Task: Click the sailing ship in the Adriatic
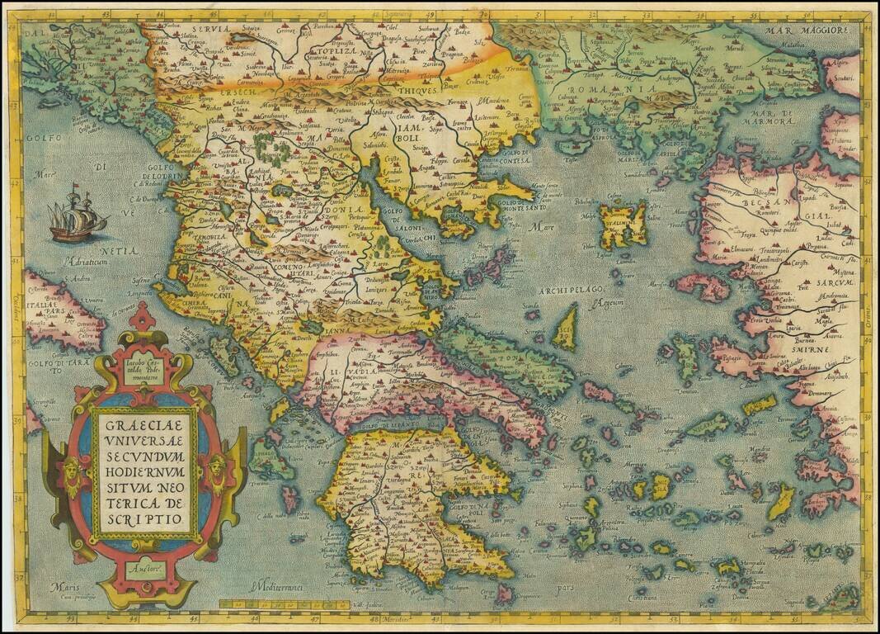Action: click(x=77, y=215)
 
